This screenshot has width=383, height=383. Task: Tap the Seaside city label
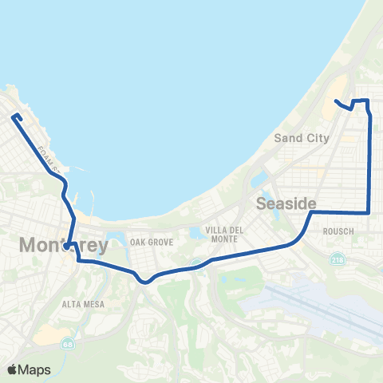click(x=286, y=203)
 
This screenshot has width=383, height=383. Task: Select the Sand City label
click(x=302, y=137)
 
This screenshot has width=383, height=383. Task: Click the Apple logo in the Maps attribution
click(x=12, y=369)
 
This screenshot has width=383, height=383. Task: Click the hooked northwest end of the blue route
click(x=14, y=117)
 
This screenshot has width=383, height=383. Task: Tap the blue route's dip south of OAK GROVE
click(x=144, y=281)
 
